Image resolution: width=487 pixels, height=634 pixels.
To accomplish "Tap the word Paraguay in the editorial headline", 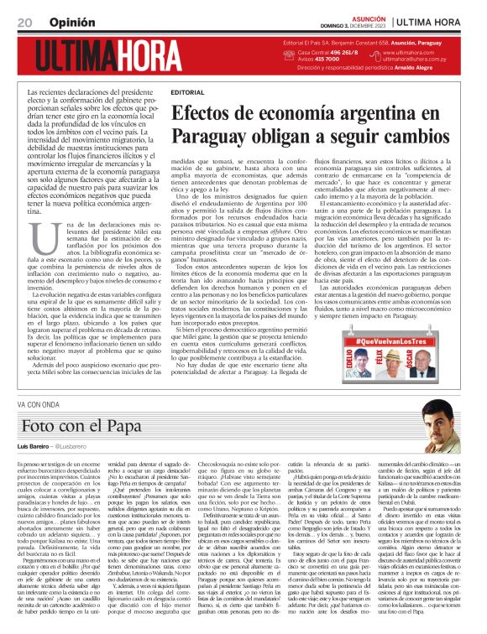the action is [x=209, y=136].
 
